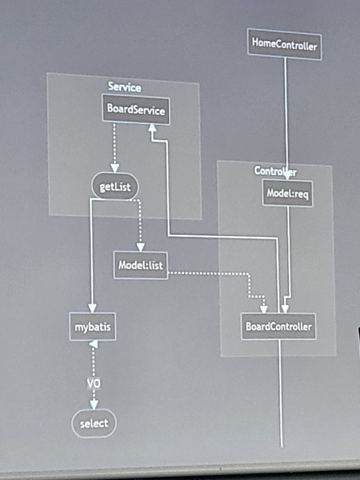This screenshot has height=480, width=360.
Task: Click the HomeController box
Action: coord(284,45)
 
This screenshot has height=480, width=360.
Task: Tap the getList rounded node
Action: coord(115,187)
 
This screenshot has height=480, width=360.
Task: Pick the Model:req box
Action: coord(288,194)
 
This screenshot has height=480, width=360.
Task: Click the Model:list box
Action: coord(141,265)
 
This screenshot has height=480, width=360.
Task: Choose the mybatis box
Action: coord(93,327)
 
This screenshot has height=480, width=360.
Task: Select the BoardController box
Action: coord(279,326)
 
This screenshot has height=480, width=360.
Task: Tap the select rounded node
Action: coord(94,423)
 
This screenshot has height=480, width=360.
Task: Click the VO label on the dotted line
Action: coord(94,384)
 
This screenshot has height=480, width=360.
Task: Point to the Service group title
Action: coord(125,87)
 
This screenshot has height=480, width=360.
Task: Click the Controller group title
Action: coord(275,171)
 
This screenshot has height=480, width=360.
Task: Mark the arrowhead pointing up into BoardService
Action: coord(152,127)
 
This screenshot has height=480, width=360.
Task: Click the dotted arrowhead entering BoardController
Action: coord(264,308)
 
